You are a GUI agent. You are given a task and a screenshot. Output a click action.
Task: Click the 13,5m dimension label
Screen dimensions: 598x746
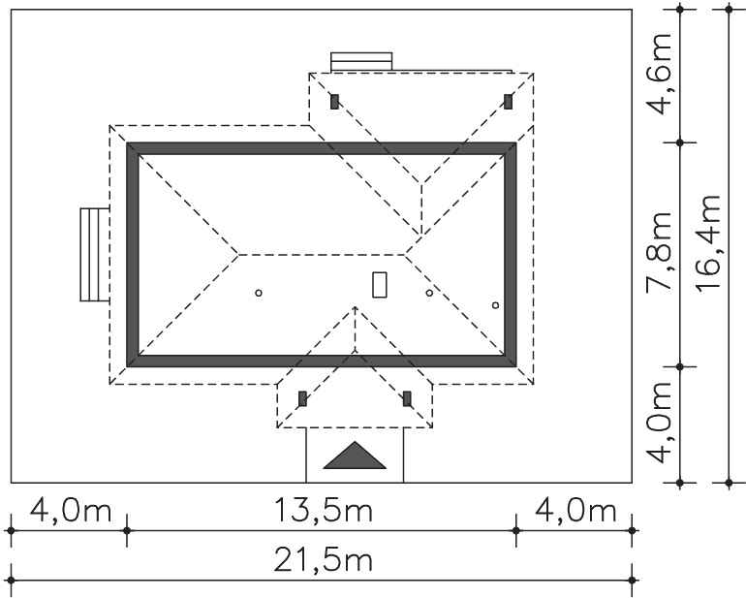point(321,511)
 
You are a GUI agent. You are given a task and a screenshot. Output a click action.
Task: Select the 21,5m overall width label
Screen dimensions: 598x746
point(321,561)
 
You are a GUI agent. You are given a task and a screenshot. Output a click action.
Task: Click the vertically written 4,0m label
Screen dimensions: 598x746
point(663,423)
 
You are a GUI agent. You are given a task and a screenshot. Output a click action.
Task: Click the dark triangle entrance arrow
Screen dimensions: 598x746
point(355,456)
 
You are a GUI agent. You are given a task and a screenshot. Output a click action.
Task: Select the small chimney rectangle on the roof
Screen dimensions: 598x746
point(380,284)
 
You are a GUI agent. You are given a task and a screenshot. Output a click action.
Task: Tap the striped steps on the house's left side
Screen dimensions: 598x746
point(94,254)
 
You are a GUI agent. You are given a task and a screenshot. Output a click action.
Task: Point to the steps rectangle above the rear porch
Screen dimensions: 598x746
point(361,61)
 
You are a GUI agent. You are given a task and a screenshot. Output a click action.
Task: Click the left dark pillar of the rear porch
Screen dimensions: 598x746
point(334,100)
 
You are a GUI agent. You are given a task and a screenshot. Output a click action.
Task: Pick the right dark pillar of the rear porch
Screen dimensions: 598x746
point(508,100)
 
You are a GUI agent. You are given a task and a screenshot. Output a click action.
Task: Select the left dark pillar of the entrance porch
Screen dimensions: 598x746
point(302,397)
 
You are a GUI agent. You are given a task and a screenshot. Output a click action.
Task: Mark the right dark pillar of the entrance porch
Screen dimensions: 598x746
point(407,397)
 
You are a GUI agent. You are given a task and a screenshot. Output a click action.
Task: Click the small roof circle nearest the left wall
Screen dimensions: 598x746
point(258,293)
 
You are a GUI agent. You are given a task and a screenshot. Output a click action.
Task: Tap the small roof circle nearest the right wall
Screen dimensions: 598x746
point(495,305)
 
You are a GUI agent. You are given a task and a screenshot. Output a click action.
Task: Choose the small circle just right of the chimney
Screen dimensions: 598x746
point(429,293)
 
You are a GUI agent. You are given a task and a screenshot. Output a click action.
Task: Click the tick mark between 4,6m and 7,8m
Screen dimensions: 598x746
point(680,143)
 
